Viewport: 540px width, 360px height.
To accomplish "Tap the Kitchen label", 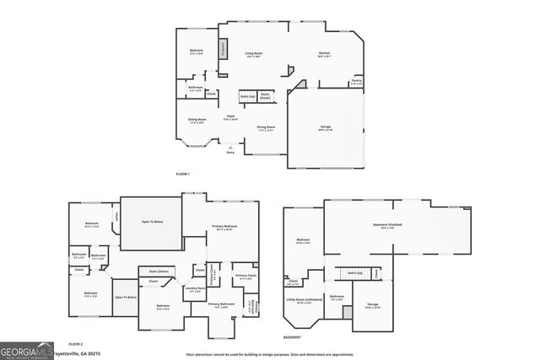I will tap(324, 54).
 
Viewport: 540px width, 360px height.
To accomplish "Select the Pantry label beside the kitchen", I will tap(357, 82).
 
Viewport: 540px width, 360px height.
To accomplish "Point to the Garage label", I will tap(325, 127).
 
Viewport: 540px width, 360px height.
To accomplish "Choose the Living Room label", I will tap(252, 54).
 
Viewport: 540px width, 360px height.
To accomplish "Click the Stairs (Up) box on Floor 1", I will tap(247, 97).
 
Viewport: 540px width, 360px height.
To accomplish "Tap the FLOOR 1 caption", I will tap(183, 174).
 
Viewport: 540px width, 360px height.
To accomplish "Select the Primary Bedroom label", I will tap(224, 227).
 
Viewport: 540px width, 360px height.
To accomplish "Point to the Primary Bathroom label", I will tap(220, 304).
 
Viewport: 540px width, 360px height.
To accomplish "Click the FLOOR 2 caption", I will tap(76, 344).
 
